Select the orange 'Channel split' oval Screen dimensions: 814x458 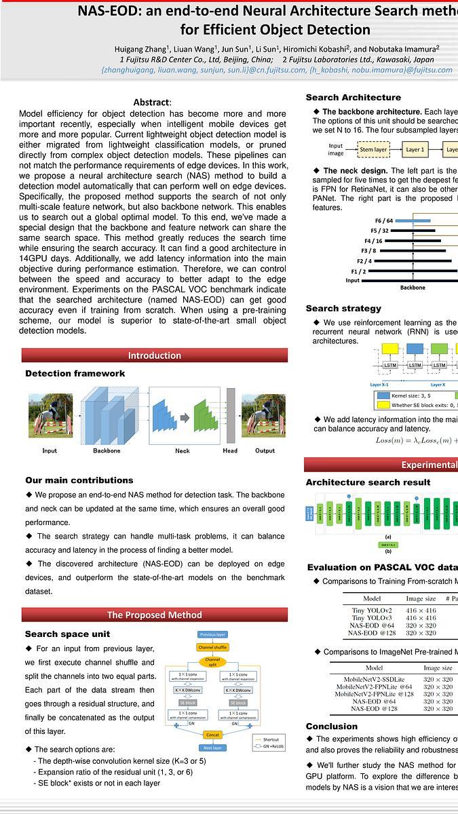pos(212,661)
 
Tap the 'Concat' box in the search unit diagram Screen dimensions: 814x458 pos(212,734)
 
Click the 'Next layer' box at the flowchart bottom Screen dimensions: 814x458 pos(212,747)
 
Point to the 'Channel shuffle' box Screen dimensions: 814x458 pos(212,647)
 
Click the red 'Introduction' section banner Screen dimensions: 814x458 pos(155,355)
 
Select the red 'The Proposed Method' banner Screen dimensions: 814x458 pos(155,615)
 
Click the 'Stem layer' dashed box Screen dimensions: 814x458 pos(373,149)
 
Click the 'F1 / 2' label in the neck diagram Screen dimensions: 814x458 pos(358,271)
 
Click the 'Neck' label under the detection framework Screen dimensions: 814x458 pos(183,450)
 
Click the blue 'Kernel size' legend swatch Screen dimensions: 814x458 pos(383,395)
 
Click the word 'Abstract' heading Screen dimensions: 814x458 pos(151,102)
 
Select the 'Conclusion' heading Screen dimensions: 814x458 pos(331,726)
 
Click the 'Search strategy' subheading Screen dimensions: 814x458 pos(343,308)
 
